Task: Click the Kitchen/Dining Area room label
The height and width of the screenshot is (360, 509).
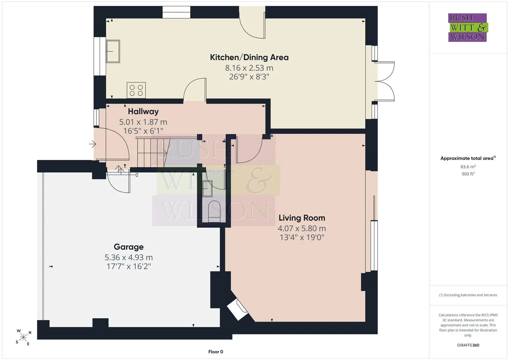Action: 249,57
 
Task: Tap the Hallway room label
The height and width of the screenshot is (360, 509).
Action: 143,111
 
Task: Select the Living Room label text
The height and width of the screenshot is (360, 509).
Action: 302,218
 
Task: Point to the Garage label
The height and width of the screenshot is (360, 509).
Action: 129,247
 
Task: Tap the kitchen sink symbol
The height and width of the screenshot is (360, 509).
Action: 113,51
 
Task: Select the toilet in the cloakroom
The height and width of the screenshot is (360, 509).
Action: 214,211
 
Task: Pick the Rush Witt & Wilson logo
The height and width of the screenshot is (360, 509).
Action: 468,27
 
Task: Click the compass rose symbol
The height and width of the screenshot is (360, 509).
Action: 23,337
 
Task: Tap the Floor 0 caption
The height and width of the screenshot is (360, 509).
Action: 216,352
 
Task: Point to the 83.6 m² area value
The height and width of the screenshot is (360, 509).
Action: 468,167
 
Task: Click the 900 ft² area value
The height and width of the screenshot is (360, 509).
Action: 468,174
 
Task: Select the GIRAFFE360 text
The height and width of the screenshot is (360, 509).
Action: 468,345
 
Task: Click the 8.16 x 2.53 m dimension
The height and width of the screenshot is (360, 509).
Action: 249,68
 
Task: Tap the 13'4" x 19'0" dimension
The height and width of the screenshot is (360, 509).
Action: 302,237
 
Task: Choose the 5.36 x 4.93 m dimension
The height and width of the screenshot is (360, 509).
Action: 129,257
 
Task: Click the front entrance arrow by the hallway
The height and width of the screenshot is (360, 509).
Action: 92,144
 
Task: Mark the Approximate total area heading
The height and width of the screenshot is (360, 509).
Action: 468,158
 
